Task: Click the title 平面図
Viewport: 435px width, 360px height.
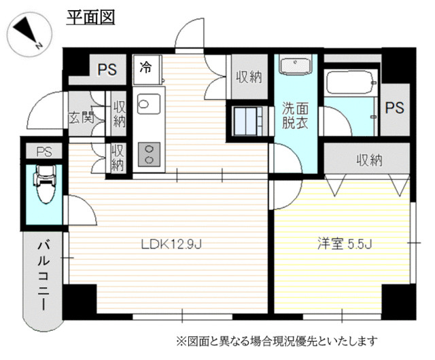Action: pyautogui.click(x=90, y=18)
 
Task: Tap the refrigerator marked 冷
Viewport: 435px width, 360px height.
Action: pyautogui.click(x=147, y=69)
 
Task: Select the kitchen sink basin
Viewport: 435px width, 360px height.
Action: pyautogui.click(x=149, y=104)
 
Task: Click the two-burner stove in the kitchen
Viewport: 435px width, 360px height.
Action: pyautogui.click(x=149, y=154)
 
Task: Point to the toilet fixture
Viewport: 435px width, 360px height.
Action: pyautogui.click(x=45, y=183)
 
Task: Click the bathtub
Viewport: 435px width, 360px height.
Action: pyautogui.click(x=351, y=82)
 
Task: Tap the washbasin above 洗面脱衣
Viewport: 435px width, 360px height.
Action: pyautogui.click(x=295, y=65)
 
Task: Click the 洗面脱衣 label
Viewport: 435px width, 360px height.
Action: pyautogui.click(x=295, y=115)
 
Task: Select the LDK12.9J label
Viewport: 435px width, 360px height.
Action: pyautogui.click(x=171, y=245)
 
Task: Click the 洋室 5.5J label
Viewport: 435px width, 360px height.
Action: pyautogui.click(x=345, y=245)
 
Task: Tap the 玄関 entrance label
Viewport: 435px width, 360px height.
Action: pyautogui.click(x=82, y=118)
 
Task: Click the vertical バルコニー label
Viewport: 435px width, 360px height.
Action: pyautogui.click(x=43, y=275)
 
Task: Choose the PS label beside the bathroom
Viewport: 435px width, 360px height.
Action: pyautogui.click(x=394, y=107)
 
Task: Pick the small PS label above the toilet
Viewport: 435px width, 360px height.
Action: pyautogui.click(x=44, y=151)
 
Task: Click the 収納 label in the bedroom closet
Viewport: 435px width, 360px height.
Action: pyautogui.click(x=370, y=160)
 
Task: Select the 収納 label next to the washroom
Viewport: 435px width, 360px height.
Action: pyautogui.click(x=249, y=77)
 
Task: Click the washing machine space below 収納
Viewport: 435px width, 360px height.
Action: pyautogui.click(x=247, y=121)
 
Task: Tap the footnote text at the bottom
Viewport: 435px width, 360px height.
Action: pyautogui.click(x=277, y=341)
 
